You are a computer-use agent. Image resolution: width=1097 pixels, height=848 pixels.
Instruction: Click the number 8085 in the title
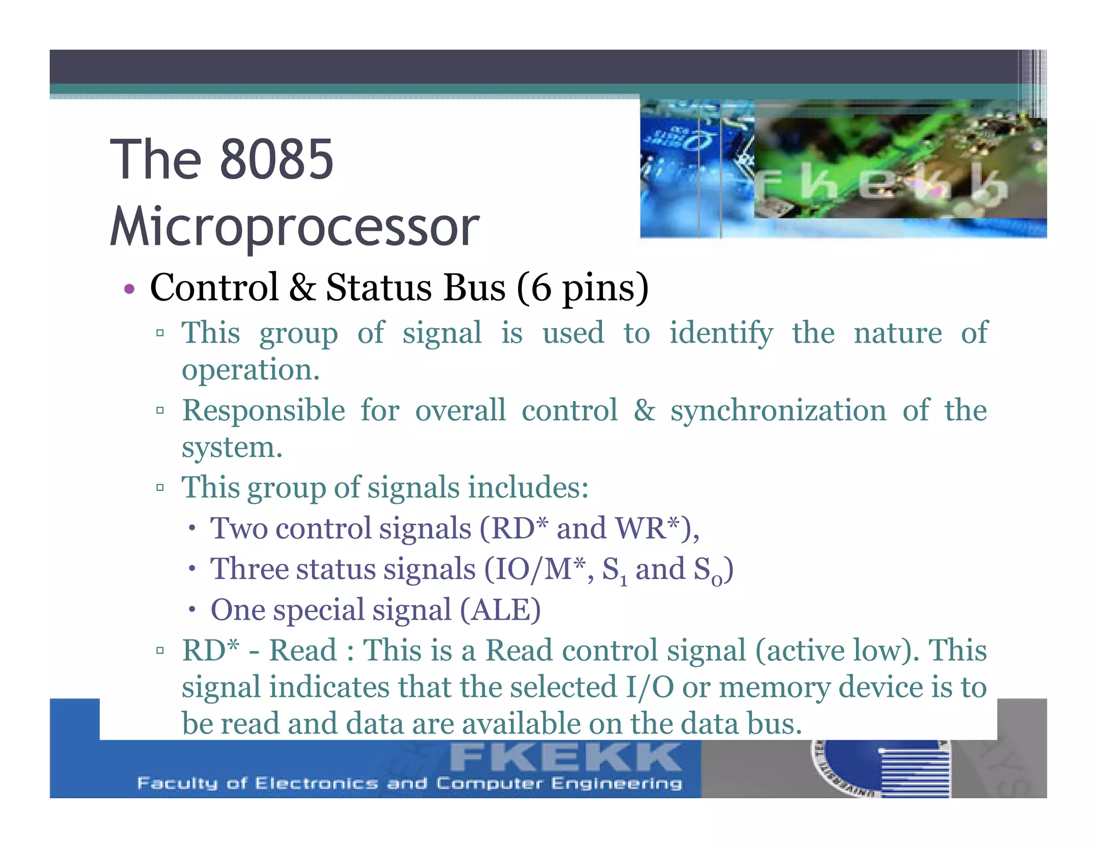(276, 159)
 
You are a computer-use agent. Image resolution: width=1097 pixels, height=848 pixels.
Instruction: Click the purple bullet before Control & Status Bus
(129, 290)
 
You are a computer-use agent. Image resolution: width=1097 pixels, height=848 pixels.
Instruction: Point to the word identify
(721, 333)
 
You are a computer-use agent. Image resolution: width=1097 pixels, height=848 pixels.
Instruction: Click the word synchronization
(778, 411)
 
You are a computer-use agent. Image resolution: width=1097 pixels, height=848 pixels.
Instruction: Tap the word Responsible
(264, 411)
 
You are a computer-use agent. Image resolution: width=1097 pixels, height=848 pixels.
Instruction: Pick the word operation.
(250, 370)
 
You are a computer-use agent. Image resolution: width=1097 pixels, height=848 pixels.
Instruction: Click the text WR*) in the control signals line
(657, 529)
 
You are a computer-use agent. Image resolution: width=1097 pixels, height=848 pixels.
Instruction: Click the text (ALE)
(500, 610)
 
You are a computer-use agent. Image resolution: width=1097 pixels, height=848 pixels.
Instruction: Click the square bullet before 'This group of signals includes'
(160, 488)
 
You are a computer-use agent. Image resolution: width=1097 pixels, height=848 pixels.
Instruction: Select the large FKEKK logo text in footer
(565, 757)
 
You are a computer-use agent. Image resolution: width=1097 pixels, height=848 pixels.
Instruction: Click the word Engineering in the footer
(617, 784)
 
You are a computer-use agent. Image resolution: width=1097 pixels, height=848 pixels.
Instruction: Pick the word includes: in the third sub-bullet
(528, 488)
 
